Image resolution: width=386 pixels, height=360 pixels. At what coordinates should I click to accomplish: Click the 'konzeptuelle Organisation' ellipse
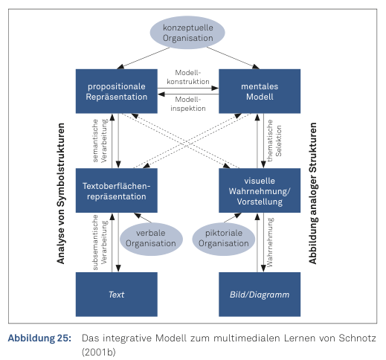(187, 33)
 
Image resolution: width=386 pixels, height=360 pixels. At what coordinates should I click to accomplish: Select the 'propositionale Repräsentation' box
(117, 91)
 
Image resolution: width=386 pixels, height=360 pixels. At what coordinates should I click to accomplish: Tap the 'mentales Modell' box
(260, 91)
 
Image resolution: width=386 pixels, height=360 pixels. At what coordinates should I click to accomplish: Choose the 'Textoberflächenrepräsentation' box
(117, 190)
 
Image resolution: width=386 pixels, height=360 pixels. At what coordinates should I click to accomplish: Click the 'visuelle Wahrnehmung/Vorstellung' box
(260, 190)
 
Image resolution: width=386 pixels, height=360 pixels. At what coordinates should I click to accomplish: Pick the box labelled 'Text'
(117, 295)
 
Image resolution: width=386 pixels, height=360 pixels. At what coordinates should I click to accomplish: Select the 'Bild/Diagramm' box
(260, 295)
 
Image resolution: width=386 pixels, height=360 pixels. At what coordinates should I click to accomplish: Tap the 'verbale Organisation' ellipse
(151, 239)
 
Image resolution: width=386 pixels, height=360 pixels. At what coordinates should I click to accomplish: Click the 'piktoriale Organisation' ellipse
(224, 239)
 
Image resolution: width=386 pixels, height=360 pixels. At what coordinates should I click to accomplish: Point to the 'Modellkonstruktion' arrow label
(188, 77)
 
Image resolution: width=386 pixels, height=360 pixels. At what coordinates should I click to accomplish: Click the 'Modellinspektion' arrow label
(188, 104)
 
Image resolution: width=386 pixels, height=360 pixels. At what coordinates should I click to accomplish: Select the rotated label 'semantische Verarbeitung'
(100, 141)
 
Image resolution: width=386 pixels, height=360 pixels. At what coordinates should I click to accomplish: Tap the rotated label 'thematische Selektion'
(274, 141)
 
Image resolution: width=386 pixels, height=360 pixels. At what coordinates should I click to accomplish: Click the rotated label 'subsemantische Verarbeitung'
(100, 242)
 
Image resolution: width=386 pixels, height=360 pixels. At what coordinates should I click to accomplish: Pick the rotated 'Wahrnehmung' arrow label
(270, 242)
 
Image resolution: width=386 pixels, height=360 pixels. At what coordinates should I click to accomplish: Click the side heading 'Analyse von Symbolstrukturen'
(61, 193)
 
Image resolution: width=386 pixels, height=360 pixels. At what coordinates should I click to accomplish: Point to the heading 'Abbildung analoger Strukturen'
(313, 193)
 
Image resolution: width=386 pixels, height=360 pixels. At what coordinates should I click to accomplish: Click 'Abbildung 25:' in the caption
(39, 338)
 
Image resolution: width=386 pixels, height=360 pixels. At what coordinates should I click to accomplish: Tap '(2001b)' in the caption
(99, 352)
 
